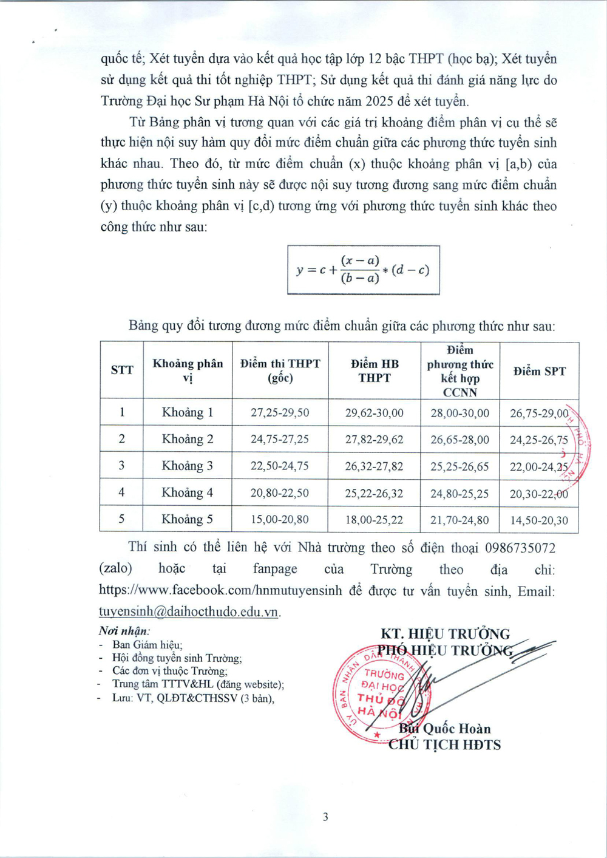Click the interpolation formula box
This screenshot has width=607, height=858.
tap(363, 270)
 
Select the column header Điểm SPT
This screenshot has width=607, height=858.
tap(539, 371)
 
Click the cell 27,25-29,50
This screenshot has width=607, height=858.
tap(280, 413)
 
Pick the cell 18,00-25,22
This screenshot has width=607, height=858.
tap(374, 520)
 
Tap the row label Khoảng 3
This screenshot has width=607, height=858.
tap(187, 466)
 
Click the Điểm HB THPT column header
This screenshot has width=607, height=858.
tap(375, 370)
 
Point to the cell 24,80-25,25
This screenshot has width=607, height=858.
tap(459, 493)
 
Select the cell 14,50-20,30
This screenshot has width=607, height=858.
tap(538, 520)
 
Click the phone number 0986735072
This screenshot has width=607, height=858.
tap(520, 548)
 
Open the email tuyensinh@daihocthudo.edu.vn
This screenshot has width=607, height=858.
tap(189, 611)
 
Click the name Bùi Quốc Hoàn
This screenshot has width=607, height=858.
tap(445, 729)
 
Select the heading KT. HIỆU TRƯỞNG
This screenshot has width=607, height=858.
tap(445, 634)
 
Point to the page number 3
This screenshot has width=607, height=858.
tap(325, 817)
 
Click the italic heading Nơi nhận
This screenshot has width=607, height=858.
tap(124, 631)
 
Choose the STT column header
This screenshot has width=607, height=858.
tap(122, 370)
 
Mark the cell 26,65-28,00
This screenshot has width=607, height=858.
tap(459, 440)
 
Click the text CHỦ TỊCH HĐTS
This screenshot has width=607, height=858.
tap(445, 745)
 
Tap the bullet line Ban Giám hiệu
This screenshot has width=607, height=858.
tap(147, 645)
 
